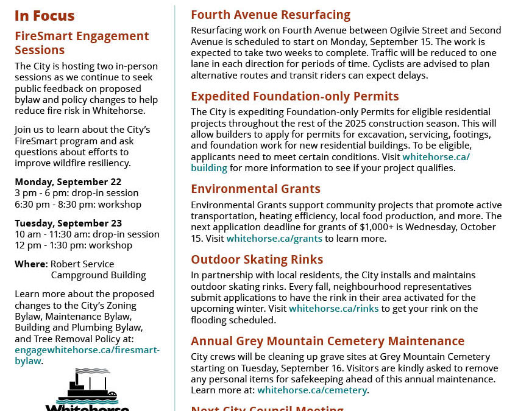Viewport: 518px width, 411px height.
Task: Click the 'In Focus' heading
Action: (44, 16)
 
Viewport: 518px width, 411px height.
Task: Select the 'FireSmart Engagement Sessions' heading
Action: (82, 43)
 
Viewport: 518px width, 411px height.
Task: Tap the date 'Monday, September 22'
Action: (68, 182)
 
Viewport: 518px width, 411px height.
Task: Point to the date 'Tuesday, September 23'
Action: (68, 223)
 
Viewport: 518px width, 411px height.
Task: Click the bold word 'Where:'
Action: (31, 264)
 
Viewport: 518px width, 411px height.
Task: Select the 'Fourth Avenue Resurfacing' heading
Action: (271, 15)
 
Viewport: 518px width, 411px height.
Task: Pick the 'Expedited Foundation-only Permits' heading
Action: (295, 96)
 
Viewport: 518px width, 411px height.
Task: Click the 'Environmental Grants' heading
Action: (255, 189)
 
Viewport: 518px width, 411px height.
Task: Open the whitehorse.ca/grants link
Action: (274, 239)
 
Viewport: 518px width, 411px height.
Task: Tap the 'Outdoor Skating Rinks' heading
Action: (257, 259)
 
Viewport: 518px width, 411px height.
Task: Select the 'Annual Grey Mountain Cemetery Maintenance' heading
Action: (327, 341)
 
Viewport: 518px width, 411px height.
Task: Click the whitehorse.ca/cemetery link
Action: (313, 390)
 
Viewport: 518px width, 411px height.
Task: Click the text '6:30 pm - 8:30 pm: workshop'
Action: (78, 205)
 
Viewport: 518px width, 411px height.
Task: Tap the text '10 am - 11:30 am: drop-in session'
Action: (87, 234)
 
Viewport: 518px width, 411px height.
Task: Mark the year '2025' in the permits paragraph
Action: (371, 123)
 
